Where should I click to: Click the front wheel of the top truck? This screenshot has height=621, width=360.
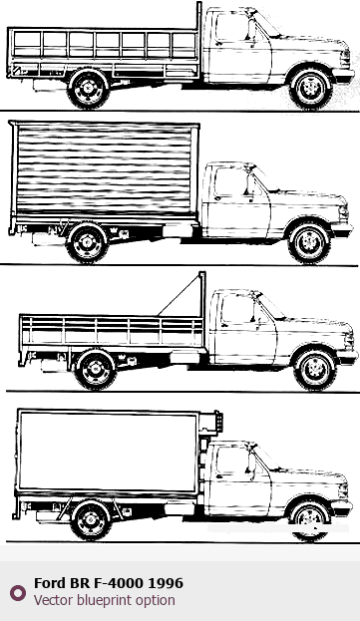tap(311, 89)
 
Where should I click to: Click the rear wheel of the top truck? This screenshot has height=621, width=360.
tap(88, 88)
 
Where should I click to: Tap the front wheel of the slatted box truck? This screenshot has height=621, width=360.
tap(309, 243)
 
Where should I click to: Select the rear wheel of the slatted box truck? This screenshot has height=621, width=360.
tap(87, 242)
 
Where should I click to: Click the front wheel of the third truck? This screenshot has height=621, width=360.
tap(315, 369)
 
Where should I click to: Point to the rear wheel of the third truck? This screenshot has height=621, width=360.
tap(96, 369)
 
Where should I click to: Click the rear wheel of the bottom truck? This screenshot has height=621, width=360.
tap(91, 519)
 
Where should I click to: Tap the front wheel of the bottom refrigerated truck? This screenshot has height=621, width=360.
tap(310, 520)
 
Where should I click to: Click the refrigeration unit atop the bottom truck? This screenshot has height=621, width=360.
tap(210, 423)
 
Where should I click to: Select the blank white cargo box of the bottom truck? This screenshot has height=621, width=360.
tap(108, 452)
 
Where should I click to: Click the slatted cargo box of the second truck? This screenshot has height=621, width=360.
tap(105, 169)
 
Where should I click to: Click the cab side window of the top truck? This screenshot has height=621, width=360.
tap(232, 27)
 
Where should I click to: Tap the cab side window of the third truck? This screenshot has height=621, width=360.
tap(237, 309)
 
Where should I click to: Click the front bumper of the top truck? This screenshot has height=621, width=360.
tap(343, 75)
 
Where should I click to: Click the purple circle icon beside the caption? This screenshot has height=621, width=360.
tap(18, 593)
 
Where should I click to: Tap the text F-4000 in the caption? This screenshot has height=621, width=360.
tap(119, 583)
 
